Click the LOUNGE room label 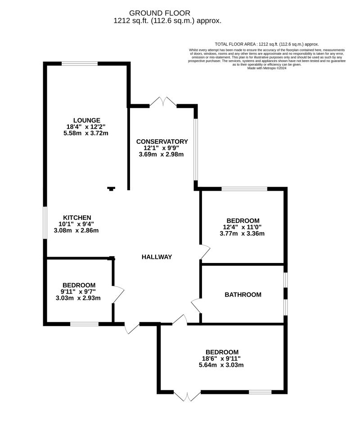tap(87, 120)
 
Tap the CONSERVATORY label tap(162, 142)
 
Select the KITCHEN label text tap(77, 218)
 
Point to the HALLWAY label tap(157, 257)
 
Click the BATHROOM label tap(243, 295)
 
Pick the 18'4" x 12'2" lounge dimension tap(87, 127)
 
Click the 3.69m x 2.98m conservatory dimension tap(162, 154)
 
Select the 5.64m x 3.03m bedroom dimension tap(222, 365)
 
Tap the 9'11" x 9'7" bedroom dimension tap(79, 291)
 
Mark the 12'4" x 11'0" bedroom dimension tap(243, 227)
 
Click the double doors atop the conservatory tap(163, 102)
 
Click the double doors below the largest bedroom tap(187, 396)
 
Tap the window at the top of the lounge tap(80, 64)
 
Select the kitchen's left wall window tap(45, 223)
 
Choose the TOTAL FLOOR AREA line tap(267, 44)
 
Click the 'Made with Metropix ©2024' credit tap(267, 68)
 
